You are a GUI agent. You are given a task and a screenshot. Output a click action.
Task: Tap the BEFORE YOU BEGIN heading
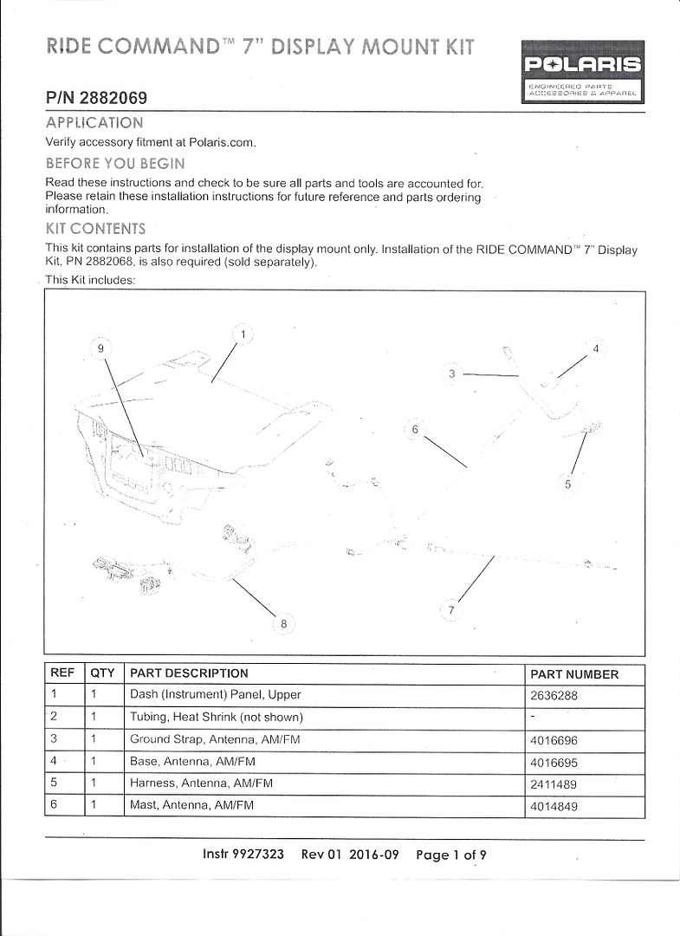coord(114,163)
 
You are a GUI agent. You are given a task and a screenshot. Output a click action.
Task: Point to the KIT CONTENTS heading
coord(94,229)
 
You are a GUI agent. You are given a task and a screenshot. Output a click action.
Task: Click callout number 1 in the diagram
coord(243,334)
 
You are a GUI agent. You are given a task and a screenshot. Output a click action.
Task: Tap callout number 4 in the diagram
coord(595,349)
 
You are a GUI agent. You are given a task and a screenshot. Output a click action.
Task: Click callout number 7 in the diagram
coord(450,610)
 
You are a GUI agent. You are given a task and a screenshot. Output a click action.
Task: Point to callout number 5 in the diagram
coord(567,484)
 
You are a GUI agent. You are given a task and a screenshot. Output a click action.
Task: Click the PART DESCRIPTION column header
coord(189,673)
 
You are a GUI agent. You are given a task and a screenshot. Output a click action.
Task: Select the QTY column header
coord(102,673)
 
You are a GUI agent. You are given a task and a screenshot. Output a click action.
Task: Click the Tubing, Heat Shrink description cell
coord(216,718)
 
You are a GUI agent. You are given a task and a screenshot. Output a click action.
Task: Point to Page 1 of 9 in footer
coord(451,855)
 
